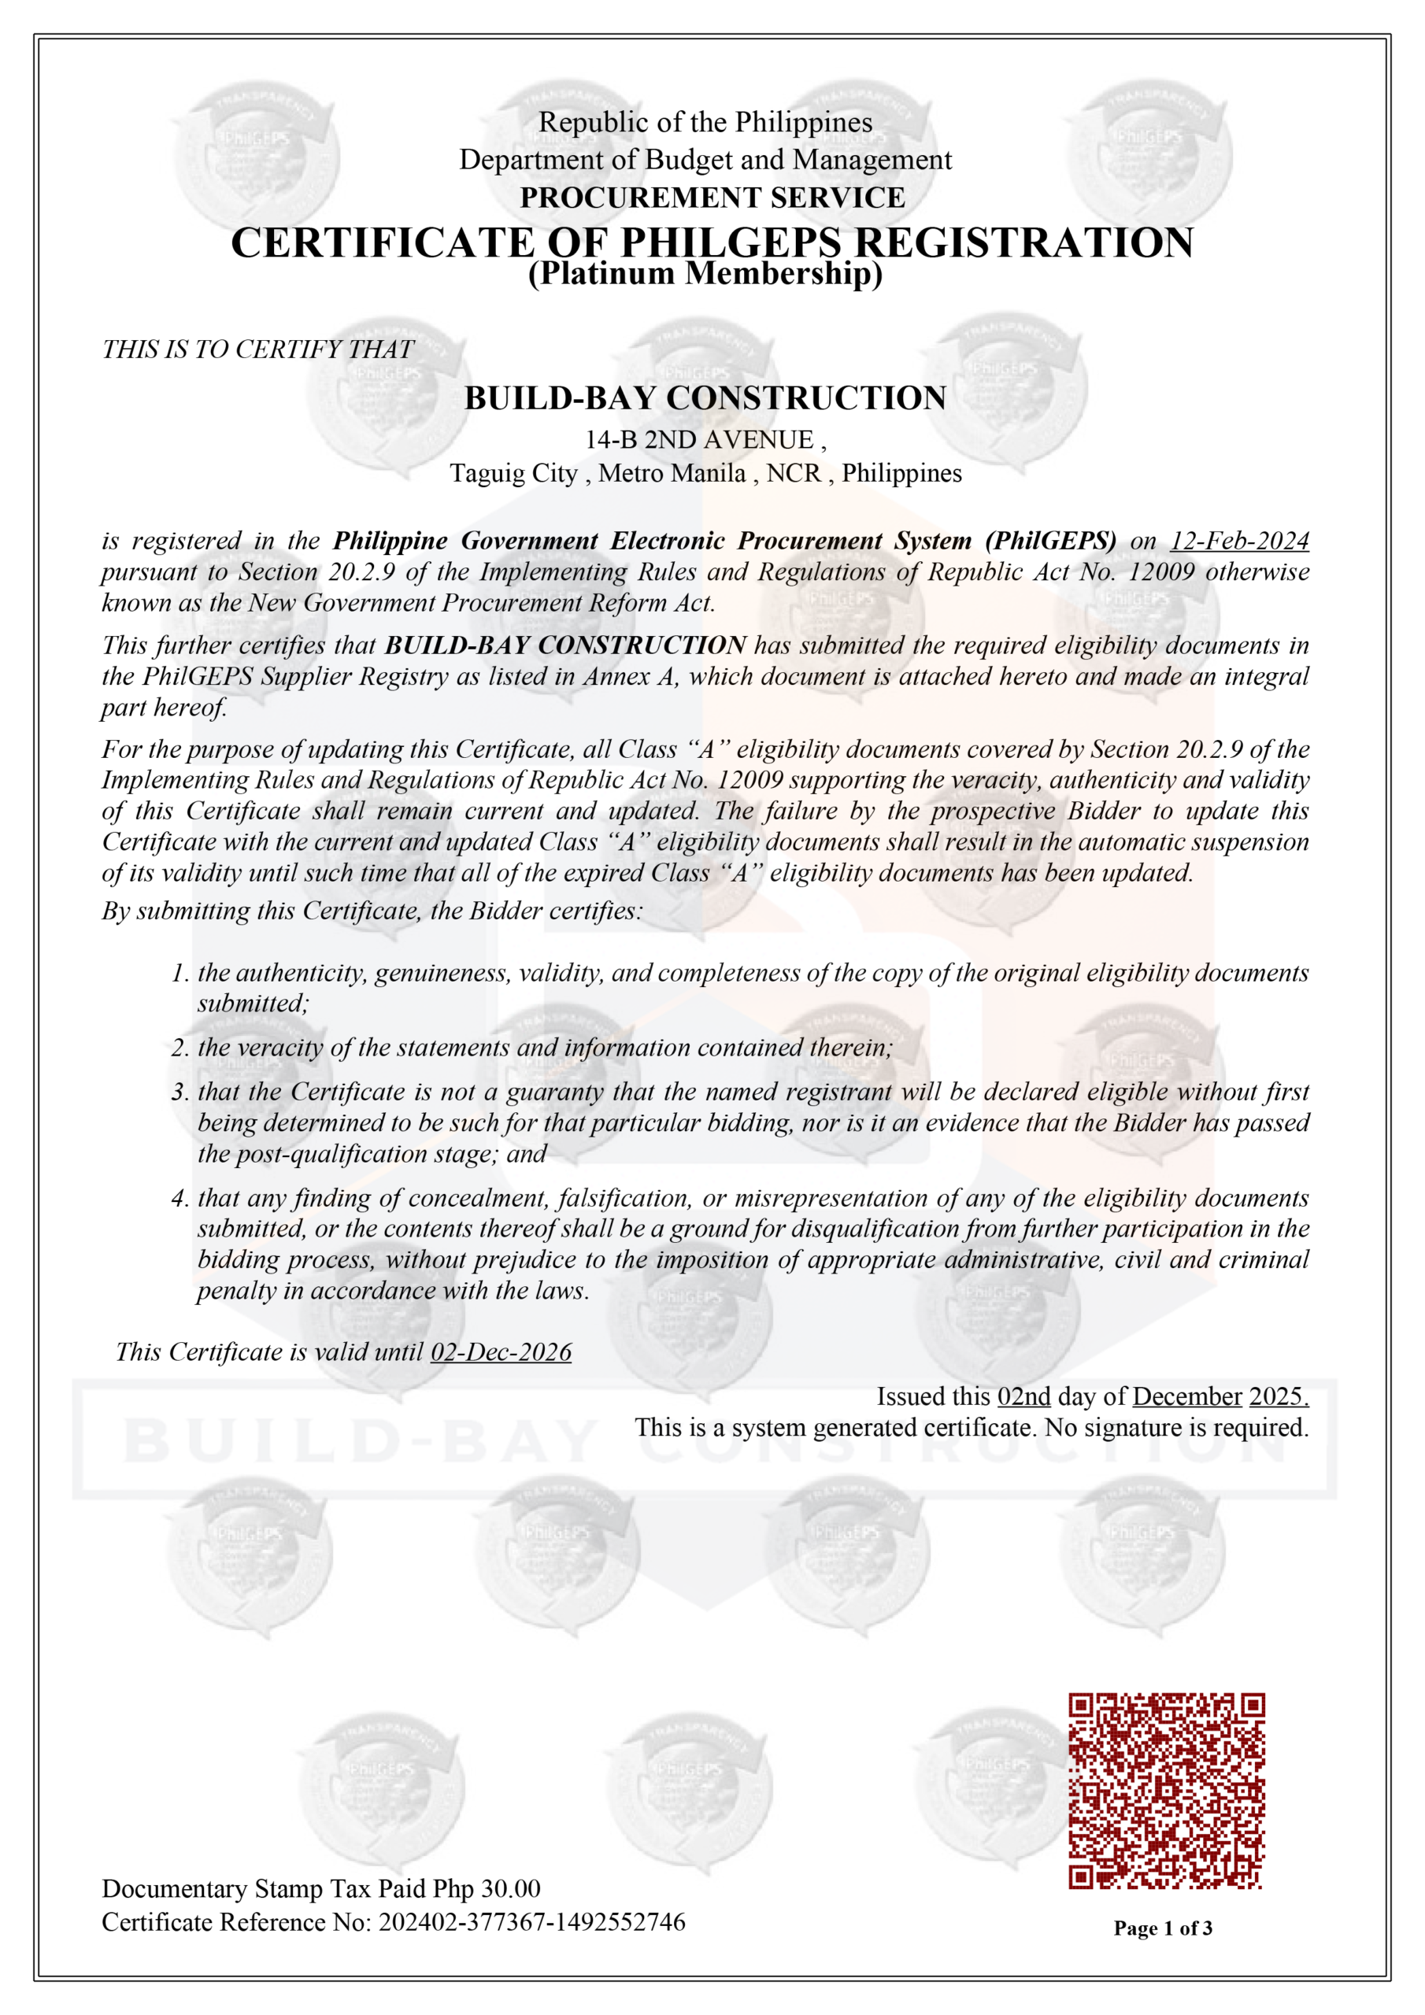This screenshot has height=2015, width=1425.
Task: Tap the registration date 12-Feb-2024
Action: point(1239,541)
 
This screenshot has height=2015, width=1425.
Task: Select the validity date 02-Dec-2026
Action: point(501,1351)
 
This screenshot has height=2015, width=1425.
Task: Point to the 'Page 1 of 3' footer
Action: point(1163,1928)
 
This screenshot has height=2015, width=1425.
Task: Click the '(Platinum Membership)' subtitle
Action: point(705,274)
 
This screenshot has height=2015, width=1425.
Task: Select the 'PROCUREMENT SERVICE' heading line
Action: point(712,198)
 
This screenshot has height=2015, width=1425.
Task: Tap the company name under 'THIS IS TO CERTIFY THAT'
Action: point(705,397)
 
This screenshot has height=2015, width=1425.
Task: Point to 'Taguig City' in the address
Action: point(513,474)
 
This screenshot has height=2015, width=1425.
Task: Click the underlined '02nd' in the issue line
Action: point(1023,1396)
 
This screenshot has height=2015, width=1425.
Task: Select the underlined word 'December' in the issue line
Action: point(1187,1396)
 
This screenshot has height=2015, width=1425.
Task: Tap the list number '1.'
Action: point(180,972)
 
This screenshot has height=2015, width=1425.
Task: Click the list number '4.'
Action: point(180,1198)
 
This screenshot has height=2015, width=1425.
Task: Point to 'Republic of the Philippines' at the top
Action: point(705,122)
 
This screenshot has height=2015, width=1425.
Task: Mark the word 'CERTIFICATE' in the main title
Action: point(383,242)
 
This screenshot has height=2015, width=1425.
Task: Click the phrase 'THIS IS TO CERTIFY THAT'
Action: point(258,349)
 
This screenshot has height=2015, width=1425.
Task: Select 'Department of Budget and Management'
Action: point(705,160)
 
